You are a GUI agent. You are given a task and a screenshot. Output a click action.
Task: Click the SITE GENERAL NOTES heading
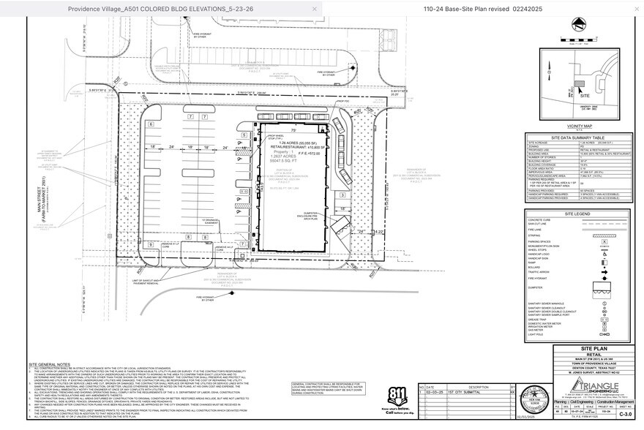click(x=50, y=363)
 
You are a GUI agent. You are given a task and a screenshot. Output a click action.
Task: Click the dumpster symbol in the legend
click(x=604, y=289)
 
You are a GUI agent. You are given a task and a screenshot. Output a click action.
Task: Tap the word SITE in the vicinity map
click(x=583, y=95)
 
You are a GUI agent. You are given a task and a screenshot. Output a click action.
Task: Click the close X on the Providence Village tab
click(x=315, y=9)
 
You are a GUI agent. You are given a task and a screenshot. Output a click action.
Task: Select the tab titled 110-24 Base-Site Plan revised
click(x=482, y=9)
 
